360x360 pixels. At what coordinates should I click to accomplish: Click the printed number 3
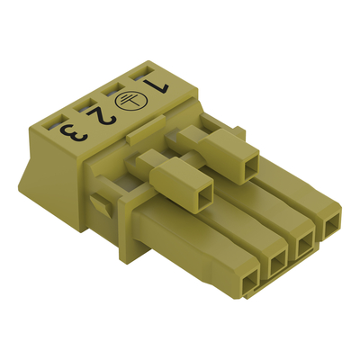click(74, 132)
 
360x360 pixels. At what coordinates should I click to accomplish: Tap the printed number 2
click(101, 116)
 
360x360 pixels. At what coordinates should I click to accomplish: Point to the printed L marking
click(156, 85)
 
